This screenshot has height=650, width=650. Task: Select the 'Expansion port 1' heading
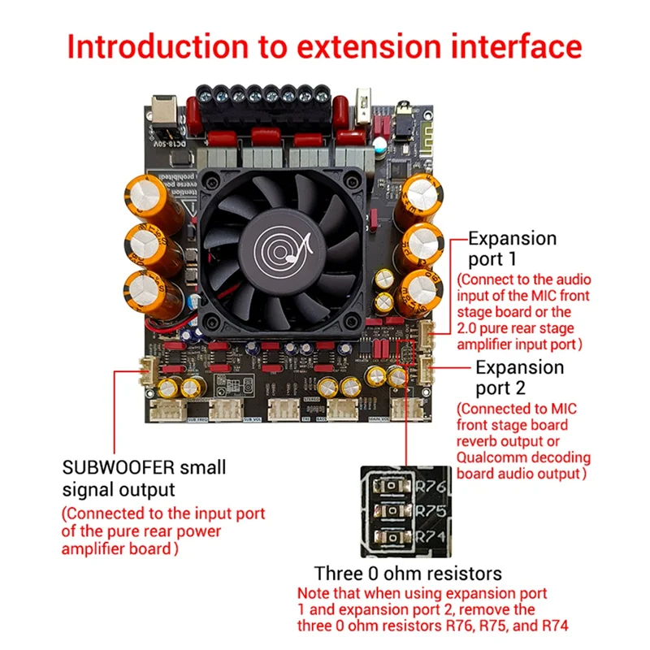point(513,249)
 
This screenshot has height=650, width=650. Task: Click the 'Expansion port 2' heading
point(519,377)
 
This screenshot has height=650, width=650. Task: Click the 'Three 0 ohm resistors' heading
point(408,573)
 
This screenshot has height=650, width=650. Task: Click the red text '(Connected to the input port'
point(164,513)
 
